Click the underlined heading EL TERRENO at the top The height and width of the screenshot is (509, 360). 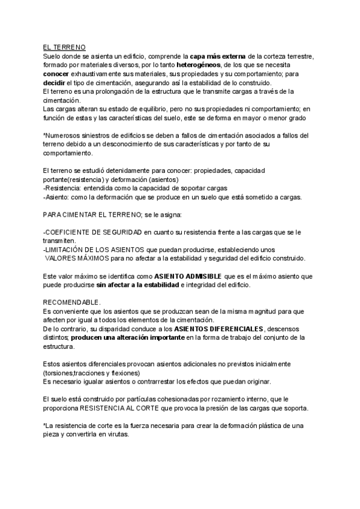[x=65, y=47]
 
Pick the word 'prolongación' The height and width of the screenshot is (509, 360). [x=109, y=91]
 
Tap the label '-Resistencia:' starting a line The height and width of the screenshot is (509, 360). [x=62, y=188]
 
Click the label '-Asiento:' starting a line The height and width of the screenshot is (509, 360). [x=58, y=196]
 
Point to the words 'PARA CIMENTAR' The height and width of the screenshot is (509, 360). [x=71, y=214]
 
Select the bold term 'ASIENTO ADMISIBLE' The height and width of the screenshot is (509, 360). [x=188, y=277]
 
